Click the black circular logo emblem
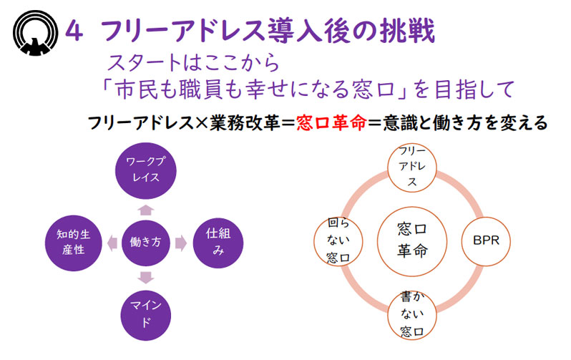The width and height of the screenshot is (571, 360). coord(35,33)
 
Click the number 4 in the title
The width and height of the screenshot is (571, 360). coord(74,31)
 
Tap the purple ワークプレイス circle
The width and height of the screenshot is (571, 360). coord(146,170)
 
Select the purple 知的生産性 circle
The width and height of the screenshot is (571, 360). coord(73,243)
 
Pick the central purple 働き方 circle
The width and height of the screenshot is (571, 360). coord(145,243)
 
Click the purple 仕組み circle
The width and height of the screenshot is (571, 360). coord(218,243)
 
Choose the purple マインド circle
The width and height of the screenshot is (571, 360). coord(146,315)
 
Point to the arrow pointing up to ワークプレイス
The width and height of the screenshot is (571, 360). coord(146,210)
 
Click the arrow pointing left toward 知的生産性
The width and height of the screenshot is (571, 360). coord(112,243)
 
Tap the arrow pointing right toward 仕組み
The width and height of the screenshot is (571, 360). coord(181,243)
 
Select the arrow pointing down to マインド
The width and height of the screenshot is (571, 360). coord(146,278)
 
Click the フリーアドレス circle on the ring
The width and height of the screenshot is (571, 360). coord(412,167)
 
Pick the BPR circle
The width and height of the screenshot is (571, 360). coord(486,241)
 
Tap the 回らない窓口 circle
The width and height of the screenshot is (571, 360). coord(338,241)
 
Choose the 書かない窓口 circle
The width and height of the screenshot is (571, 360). coord(412,315)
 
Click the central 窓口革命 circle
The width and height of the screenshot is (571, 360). coord(412,241)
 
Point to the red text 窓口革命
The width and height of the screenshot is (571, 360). coord(331,123)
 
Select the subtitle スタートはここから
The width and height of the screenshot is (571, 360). coord(193,62)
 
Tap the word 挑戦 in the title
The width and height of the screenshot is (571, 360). coord(407,31)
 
